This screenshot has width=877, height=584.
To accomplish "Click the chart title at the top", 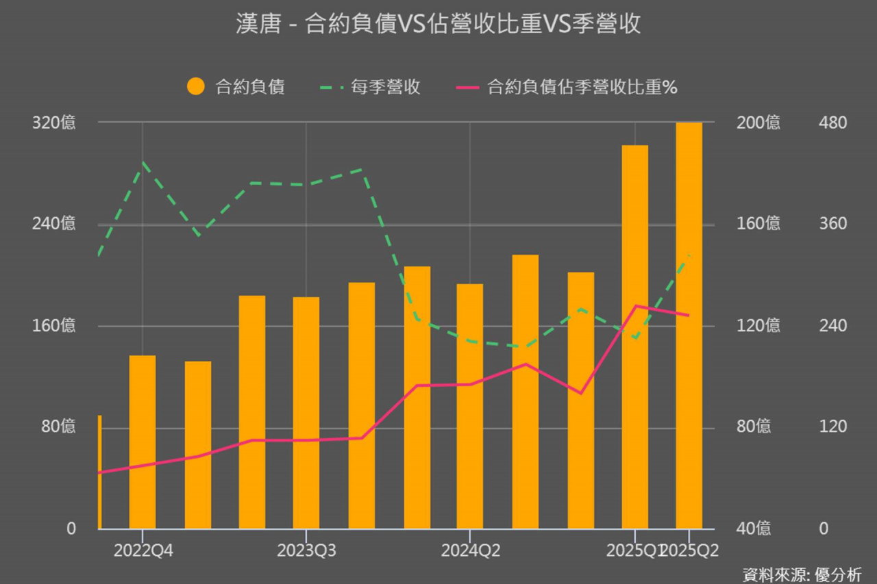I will tap(438, 24).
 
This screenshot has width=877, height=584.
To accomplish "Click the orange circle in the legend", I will tap(196, 87).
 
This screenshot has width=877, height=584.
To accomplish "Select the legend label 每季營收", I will tap(385, 87).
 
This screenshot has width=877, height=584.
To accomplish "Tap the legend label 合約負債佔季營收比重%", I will tap(582, 87).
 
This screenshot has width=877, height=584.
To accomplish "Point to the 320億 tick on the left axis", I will tap(53, 123).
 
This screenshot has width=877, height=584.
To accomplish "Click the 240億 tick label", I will tap(53, 224).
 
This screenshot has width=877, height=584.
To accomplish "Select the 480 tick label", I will tap(832, 123).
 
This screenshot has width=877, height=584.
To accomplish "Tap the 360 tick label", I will tap(832, 224).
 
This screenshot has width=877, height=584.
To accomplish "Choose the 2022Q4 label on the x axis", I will tap(143, 550).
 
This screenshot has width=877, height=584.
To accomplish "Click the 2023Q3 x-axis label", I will tap(306, 550).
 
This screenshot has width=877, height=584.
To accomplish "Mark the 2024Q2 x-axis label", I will tap(470, 550).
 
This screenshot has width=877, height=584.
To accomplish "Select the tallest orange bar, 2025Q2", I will tap(689, 325).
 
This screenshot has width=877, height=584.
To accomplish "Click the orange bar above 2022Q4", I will tap(143, 442).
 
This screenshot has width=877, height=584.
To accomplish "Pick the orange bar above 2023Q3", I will tap(306, 413).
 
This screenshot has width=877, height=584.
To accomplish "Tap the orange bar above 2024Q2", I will tap(470, 406).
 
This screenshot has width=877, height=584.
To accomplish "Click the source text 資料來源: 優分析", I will tap(802, 574).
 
